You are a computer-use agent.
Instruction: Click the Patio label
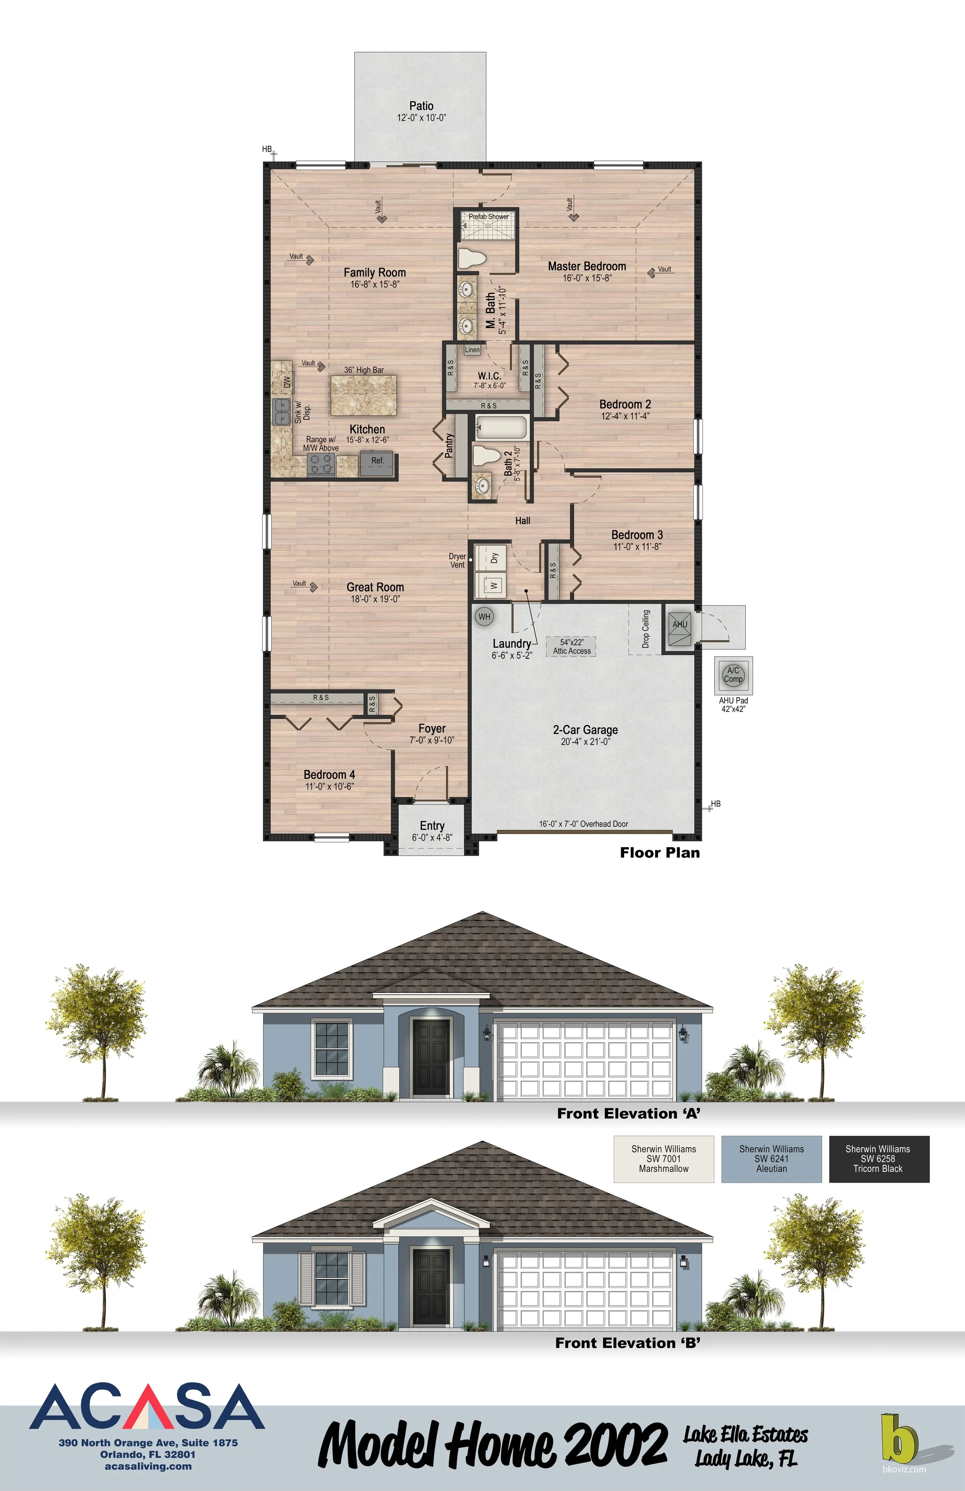click(421, 106)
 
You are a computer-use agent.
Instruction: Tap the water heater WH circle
click(484, 617)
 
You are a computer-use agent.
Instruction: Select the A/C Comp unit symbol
click(733, 675)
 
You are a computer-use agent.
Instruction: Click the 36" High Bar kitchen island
click(364, 395)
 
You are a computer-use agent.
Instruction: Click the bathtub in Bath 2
click(502, 428)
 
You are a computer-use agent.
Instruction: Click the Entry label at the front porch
click(432, 826)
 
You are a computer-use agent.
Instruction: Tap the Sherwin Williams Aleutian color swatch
click(771, 1159)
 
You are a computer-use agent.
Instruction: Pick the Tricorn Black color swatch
click(879, 1159)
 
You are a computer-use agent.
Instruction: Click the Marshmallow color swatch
click(664, 1159)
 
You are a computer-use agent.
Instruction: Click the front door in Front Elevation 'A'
click(431, 1056)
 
